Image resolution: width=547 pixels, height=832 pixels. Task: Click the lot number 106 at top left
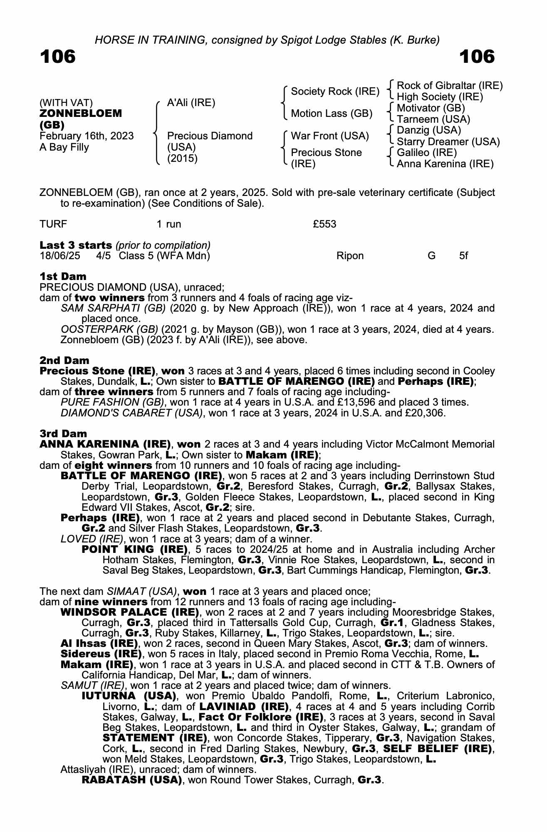tap(58, 57)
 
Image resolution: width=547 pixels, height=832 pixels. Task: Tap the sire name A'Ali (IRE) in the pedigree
tap(191, 103)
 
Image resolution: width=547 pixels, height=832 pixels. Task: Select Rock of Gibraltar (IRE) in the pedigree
tap(450, 86)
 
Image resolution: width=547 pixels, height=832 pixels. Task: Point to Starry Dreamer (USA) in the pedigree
tap(448, 141)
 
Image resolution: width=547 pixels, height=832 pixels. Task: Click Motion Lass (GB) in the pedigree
tap(332, 114)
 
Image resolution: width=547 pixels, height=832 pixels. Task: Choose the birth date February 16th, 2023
tap(87, 136)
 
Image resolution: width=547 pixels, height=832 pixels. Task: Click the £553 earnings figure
tap(324, 224)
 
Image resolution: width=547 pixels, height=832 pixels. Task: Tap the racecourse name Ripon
tap(350, 256)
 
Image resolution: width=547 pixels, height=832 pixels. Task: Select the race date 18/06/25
tap(60, 256)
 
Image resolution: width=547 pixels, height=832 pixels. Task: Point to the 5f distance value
tap(463, 256)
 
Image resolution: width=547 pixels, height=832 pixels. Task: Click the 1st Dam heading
tap(63, 277)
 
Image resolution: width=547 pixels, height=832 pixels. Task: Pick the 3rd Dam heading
tap(63, 434)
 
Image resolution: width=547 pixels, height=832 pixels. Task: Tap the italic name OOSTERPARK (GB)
tap(109, 329)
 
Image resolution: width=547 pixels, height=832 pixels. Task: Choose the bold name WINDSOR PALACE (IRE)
tap(130, 612)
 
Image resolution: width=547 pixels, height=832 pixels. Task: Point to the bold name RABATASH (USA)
tap(132, 780)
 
